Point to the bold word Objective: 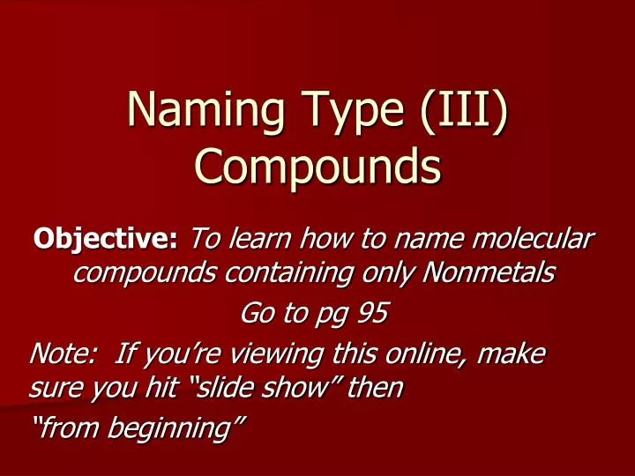click(x=106, y=239)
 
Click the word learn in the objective click(x=256, y=239)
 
